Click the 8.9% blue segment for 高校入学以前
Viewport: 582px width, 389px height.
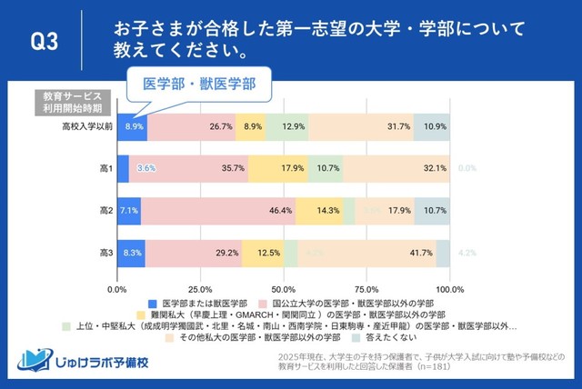[133, 126]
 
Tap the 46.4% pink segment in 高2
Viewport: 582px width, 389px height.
[217, 211]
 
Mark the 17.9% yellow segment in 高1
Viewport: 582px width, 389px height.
[277, 168]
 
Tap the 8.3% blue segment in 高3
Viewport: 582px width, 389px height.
[131, 253]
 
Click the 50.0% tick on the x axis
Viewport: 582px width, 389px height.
[284, 288]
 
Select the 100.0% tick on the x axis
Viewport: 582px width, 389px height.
[450, 288]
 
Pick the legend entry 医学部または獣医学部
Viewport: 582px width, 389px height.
[196, 301]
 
